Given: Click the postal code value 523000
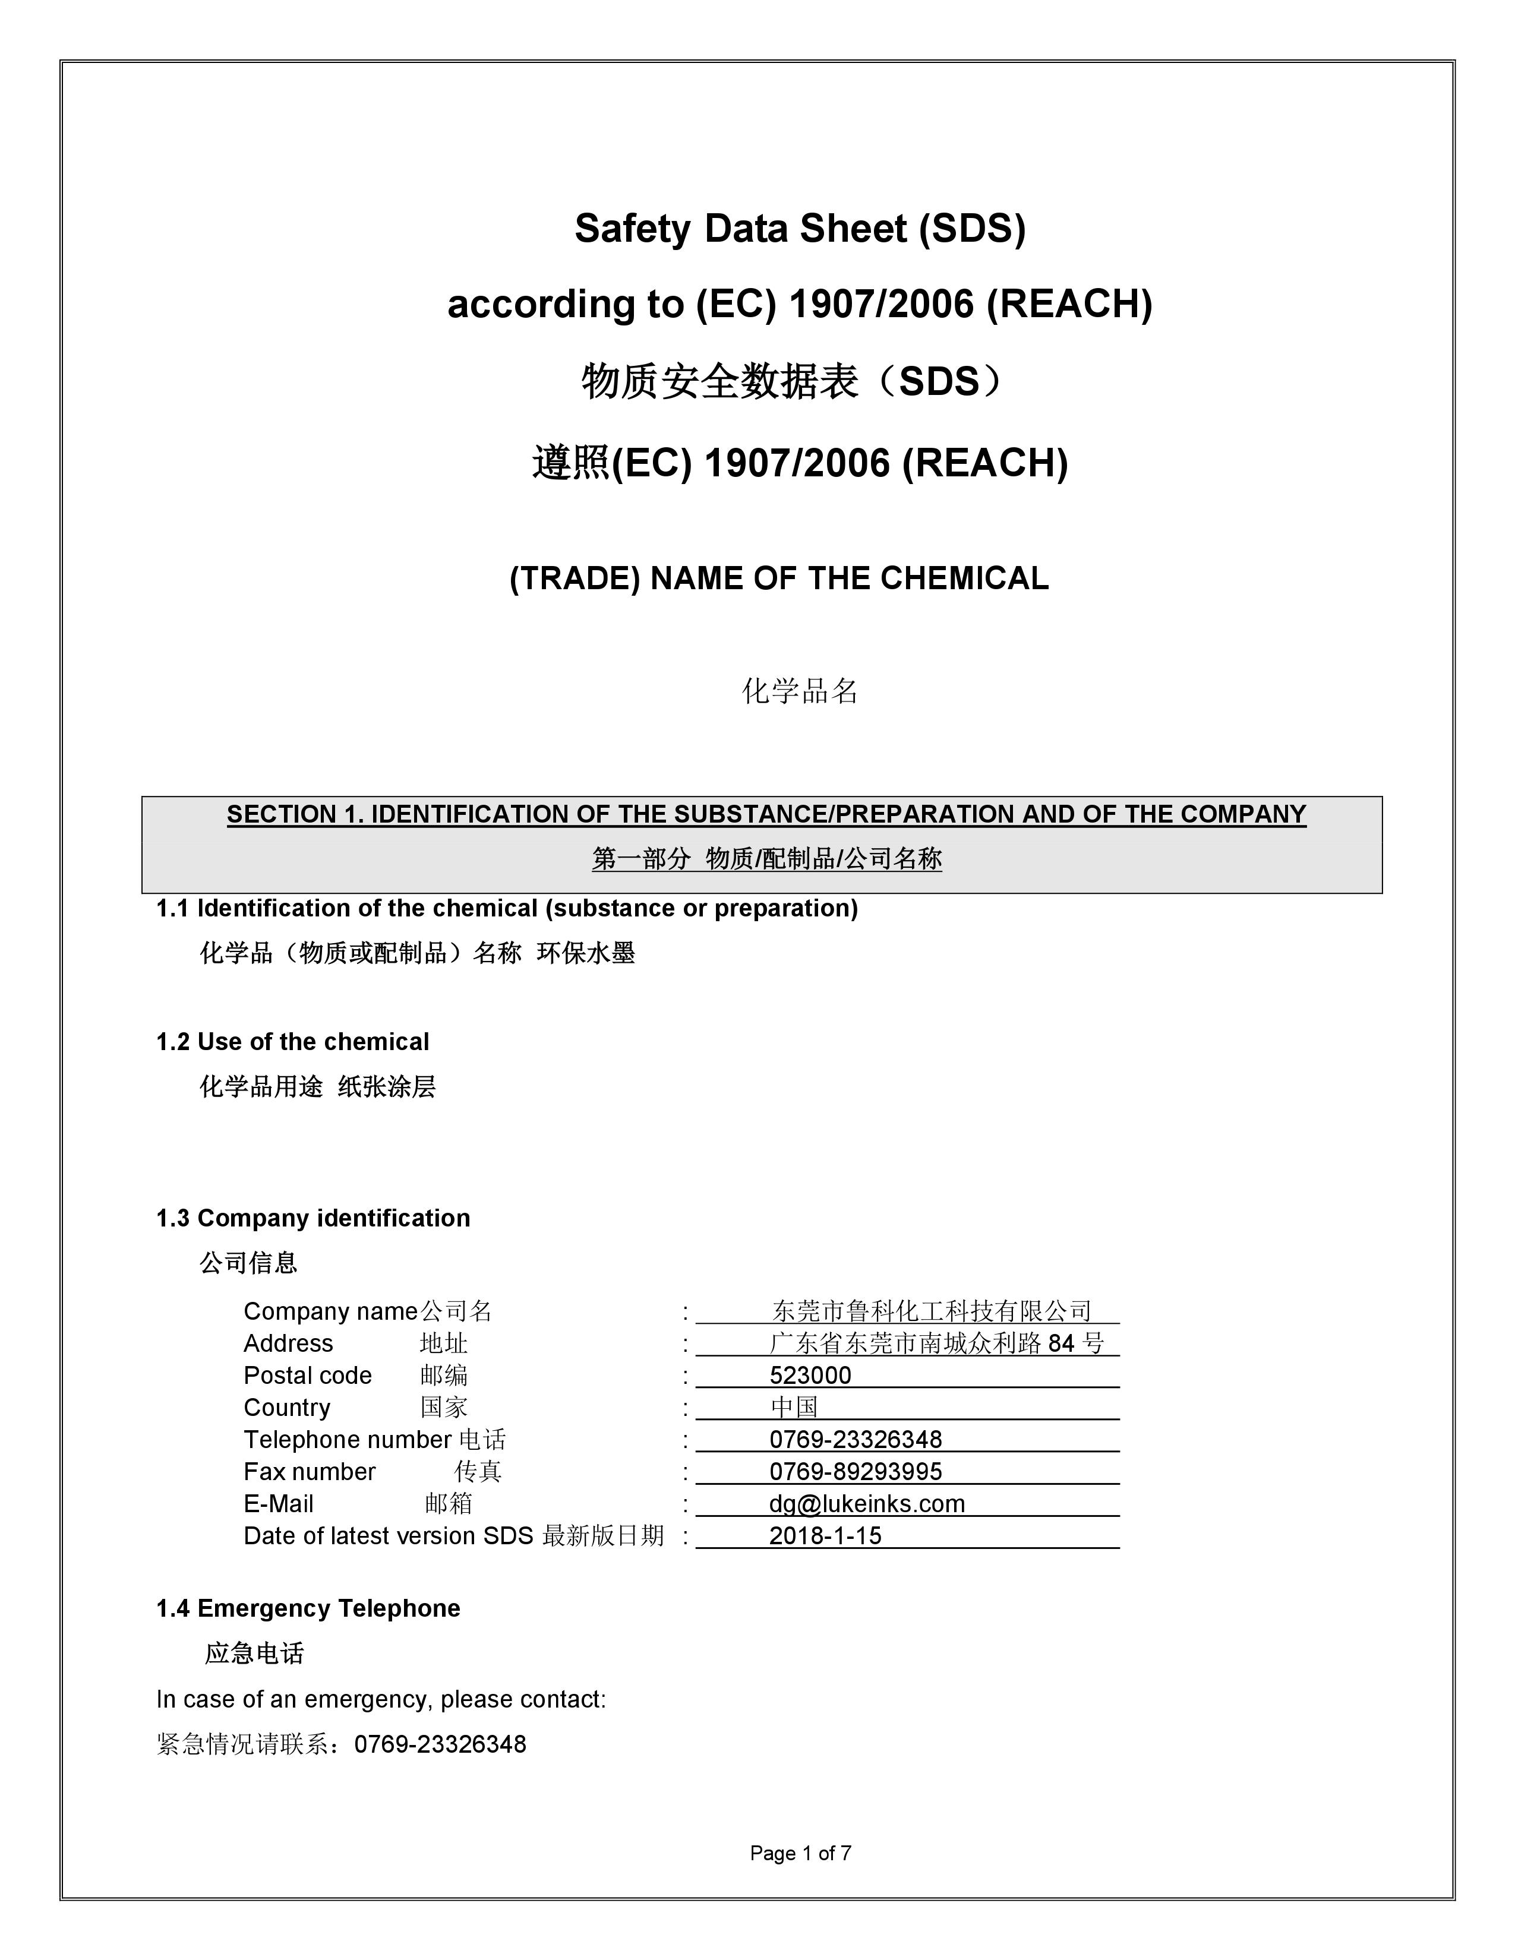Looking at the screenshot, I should tap(810, 1375).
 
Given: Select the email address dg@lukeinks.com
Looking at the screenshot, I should tap(866, 1503).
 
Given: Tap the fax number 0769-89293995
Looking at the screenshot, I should tap(856, 1471).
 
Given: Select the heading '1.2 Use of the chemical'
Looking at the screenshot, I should tap(292, 1042).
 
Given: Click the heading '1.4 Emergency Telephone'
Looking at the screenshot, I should tap(308, 1608).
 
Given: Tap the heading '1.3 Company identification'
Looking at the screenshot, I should tap(313, 1218).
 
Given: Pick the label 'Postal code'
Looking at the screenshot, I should tap(307, 1376).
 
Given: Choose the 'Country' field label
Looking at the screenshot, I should tap(286, 1407).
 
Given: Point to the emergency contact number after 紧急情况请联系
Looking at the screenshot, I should tap(440, 1744).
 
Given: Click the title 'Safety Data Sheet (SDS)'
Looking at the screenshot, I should tap(800, 229).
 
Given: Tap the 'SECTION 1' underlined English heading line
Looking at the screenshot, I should tap(766, 814).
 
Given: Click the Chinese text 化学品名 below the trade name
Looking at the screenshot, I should tap(800, 691).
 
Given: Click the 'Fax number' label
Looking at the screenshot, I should tap(309, 1472).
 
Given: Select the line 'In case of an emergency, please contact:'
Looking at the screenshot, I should tap(381, 1699).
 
